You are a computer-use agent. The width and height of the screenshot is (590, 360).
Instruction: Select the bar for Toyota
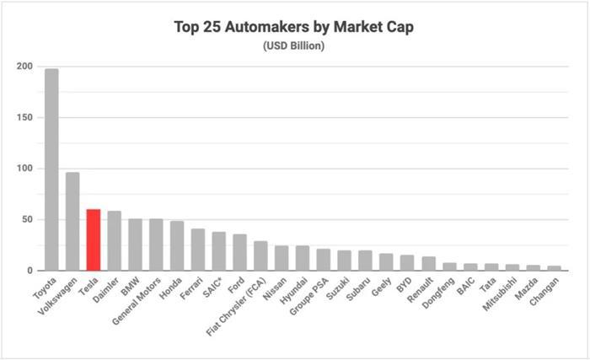51,169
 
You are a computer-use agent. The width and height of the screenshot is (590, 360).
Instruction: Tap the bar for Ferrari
198,250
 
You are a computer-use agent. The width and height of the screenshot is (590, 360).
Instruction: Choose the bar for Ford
239,252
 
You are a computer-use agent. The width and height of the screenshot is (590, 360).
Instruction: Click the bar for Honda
177,246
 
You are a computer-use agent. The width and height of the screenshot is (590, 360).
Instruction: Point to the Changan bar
553,268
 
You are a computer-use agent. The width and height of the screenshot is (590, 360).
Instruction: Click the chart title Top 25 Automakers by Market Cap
294,26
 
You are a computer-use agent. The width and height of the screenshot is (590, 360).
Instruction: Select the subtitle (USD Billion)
294,45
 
